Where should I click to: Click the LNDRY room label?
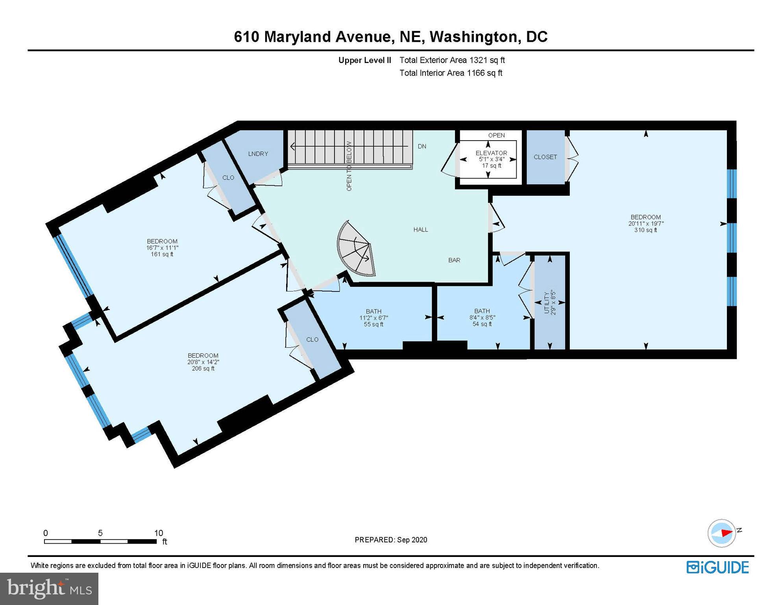pyautogui.click(x=258, y=154)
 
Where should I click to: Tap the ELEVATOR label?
pyautogui.click(x=491, y=153)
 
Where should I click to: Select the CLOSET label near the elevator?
pyautogui.click(x=545, y=157)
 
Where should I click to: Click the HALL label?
pyautogui.click(x=421, y=230)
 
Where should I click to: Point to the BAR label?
pyautogui.click(x=454, y=260)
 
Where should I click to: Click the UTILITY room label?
pyautogui.click(x=546, y=302)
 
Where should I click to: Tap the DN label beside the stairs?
pyautogui.click(x=422, y=147)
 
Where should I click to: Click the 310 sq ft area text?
pyautogui.click(x=645, y=230)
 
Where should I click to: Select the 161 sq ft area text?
pyautogui.click(x=162, y=254)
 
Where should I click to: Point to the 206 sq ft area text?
pyautogui.click(x=203, y=369)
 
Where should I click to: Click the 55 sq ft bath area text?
pyautogui.click(x=373, y=325)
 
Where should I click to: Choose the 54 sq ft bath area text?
pyautogui.click(x=482, y=324)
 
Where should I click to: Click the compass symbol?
pyautogui.click(x=722, y=533)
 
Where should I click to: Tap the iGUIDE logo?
pyautogui.click(x=717, y=568)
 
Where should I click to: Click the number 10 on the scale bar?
pyautogui.click(x=158, y=533)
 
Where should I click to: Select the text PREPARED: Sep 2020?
pyautogui.click(x=391, y=540)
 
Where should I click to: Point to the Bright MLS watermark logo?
pyautogui.click(x=49, y=589)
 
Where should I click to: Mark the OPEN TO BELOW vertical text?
pyautogui.click(x=349, y=166)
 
